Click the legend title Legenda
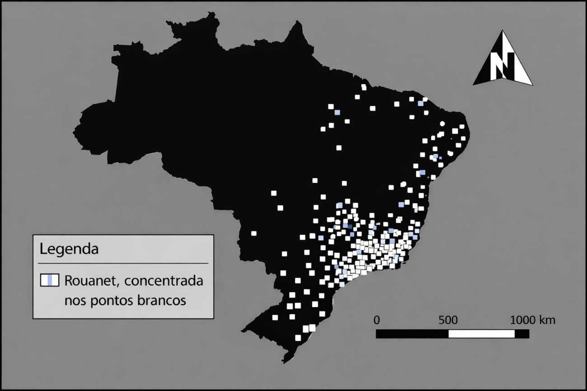69,249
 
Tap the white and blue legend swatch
50,280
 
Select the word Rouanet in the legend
91,280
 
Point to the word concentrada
164,280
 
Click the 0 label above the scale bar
377,320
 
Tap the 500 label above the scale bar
448,320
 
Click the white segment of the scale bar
481,334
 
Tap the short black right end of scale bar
522,334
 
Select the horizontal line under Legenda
123,263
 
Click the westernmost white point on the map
254,233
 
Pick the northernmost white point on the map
363,87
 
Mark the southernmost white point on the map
298,338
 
